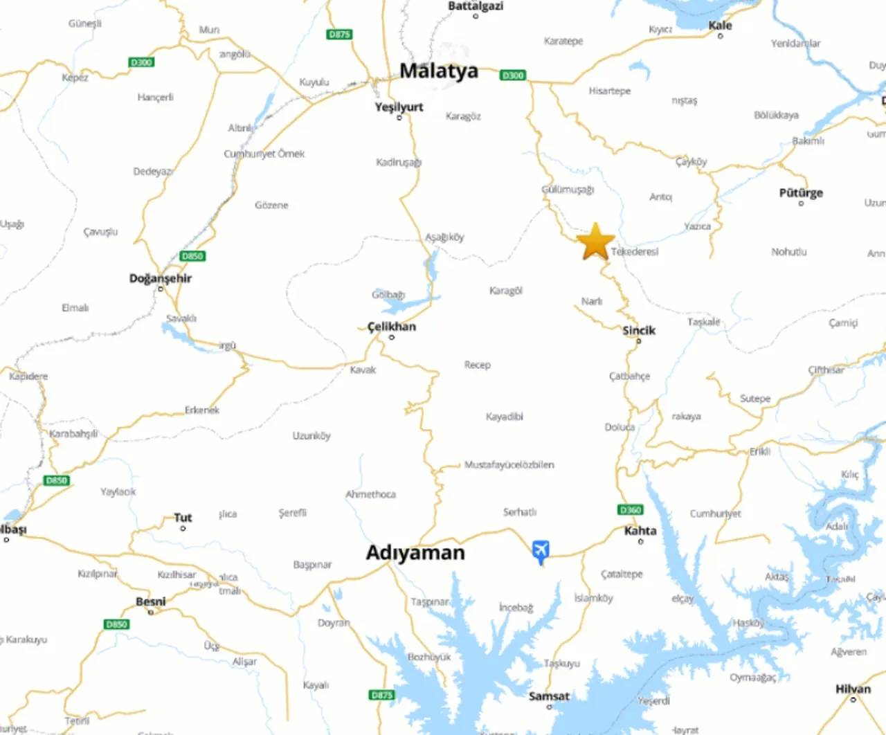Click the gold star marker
[x=595, y=242]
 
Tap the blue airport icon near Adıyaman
[x=541, y=551]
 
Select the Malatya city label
[x=439, y=71]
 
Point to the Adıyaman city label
[x=415, y=552]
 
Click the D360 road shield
[x=630, y=510]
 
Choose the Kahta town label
[x=640, y=531]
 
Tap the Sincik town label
[x=638, y=330]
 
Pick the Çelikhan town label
[x=392, y=326]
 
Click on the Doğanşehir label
[x=161, y=278]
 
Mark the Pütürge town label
[x=801, y=192]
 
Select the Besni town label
[x=151, y=601]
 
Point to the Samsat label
[x=549, y=696]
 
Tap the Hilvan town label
[x=853, y=689]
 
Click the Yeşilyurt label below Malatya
[x=399, y=107]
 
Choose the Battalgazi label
[x=476, y=6]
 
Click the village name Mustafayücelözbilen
[x=509, y=464]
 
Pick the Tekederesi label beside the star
[x=635, y=252]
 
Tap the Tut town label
[x=183, y=517]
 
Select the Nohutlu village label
[x=789, y=252]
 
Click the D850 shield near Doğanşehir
[x=192, y=256]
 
